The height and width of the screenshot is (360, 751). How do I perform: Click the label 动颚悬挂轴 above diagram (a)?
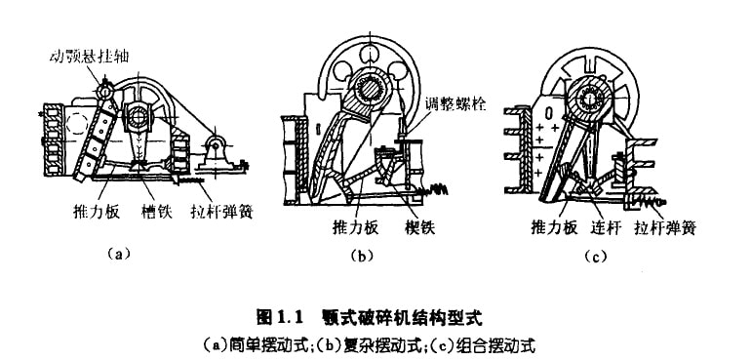tap(90, 57)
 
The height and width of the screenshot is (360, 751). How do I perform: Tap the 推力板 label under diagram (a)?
tap(97, 211)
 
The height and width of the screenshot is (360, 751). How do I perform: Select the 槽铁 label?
tap(157, 211)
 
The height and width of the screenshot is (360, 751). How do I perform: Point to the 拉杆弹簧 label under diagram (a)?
tap(220, 211)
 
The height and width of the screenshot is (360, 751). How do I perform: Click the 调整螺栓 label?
tap(455, 104)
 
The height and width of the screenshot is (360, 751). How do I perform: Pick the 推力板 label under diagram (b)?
tap(355, 227)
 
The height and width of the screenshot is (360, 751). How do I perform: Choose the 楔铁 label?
tap(419, 227)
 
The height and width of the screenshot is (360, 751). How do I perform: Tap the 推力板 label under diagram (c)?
tap(554, 227)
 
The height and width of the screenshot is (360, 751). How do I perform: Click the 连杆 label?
tap(606, 227)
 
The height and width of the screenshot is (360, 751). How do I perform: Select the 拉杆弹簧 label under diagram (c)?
tap(665, 227)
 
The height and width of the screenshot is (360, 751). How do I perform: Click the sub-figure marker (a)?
tap(118, 253)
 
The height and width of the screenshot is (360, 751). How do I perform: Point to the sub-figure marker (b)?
tap(362, 256)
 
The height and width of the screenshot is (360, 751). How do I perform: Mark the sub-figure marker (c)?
tap(595, 257)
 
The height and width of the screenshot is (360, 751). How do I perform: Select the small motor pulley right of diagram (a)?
tap(216, 144)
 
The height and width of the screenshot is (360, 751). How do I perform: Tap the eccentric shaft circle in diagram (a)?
tap(138, 116)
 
